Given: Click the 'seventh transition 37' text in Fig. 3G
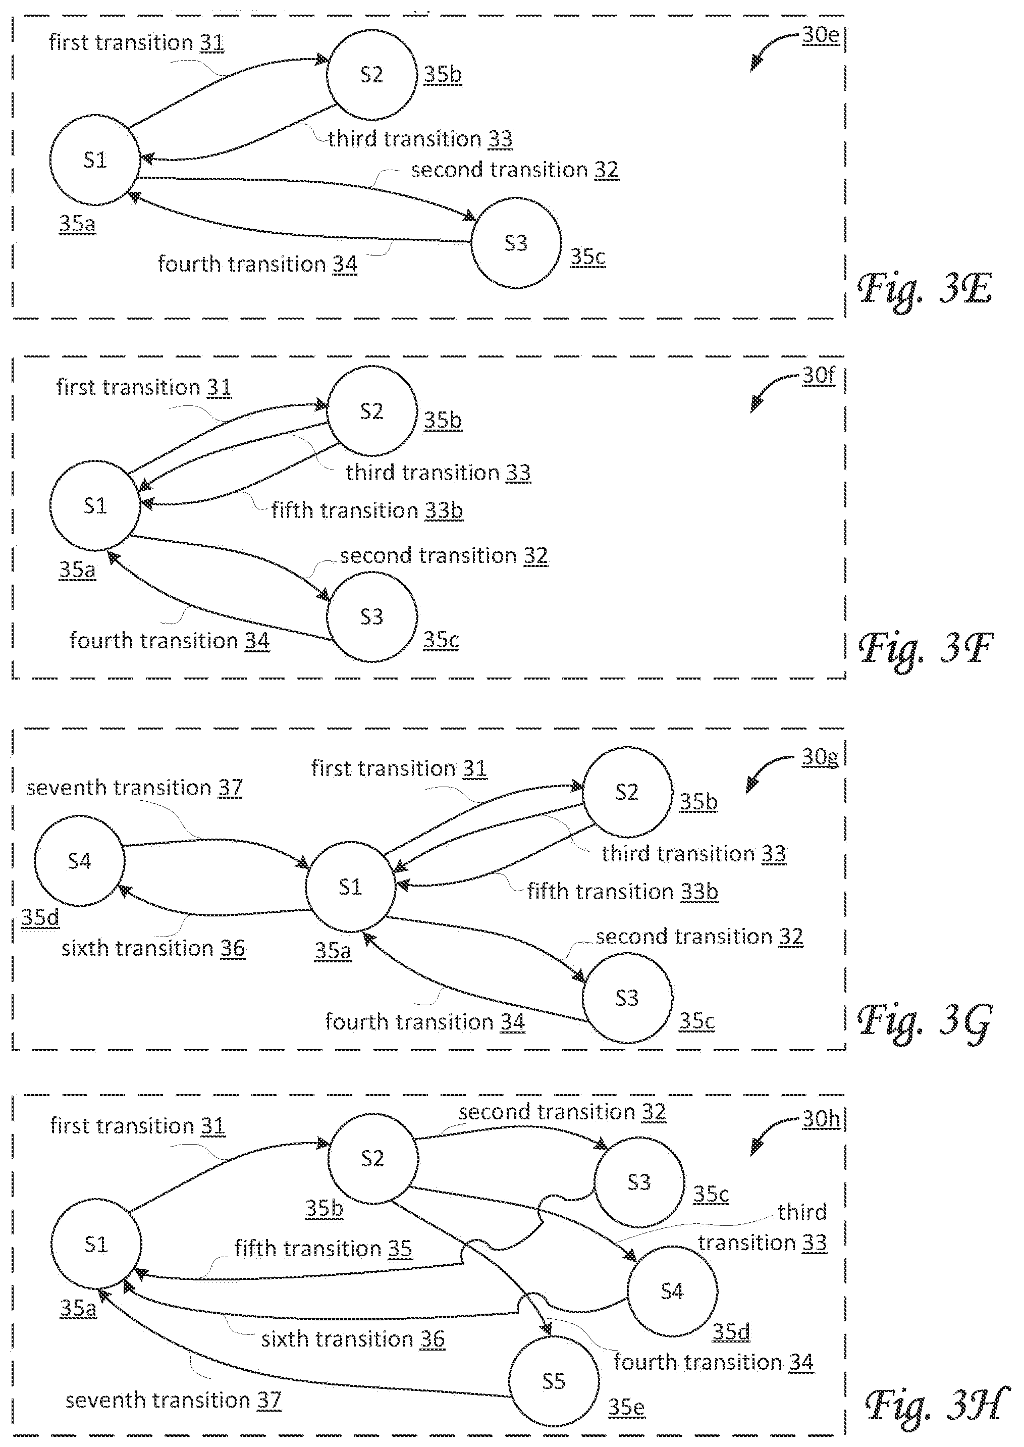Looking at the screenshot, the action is (134, 788).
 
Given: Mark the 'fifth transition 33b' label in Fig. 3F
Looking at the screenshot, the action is (367, 510).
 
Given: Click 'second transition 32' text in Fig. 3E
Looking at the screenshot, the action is (514, 170).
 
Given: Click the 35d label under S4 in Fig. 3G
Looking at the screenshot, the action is (40, 917).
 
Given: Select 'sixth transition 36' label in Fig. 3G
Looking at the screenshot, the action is (153, 948).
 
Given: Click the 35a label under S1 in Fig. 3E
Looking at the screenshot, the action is (78, 224).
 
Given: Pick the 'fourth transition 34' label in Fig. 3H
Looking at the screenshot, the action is (714, 1363).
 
